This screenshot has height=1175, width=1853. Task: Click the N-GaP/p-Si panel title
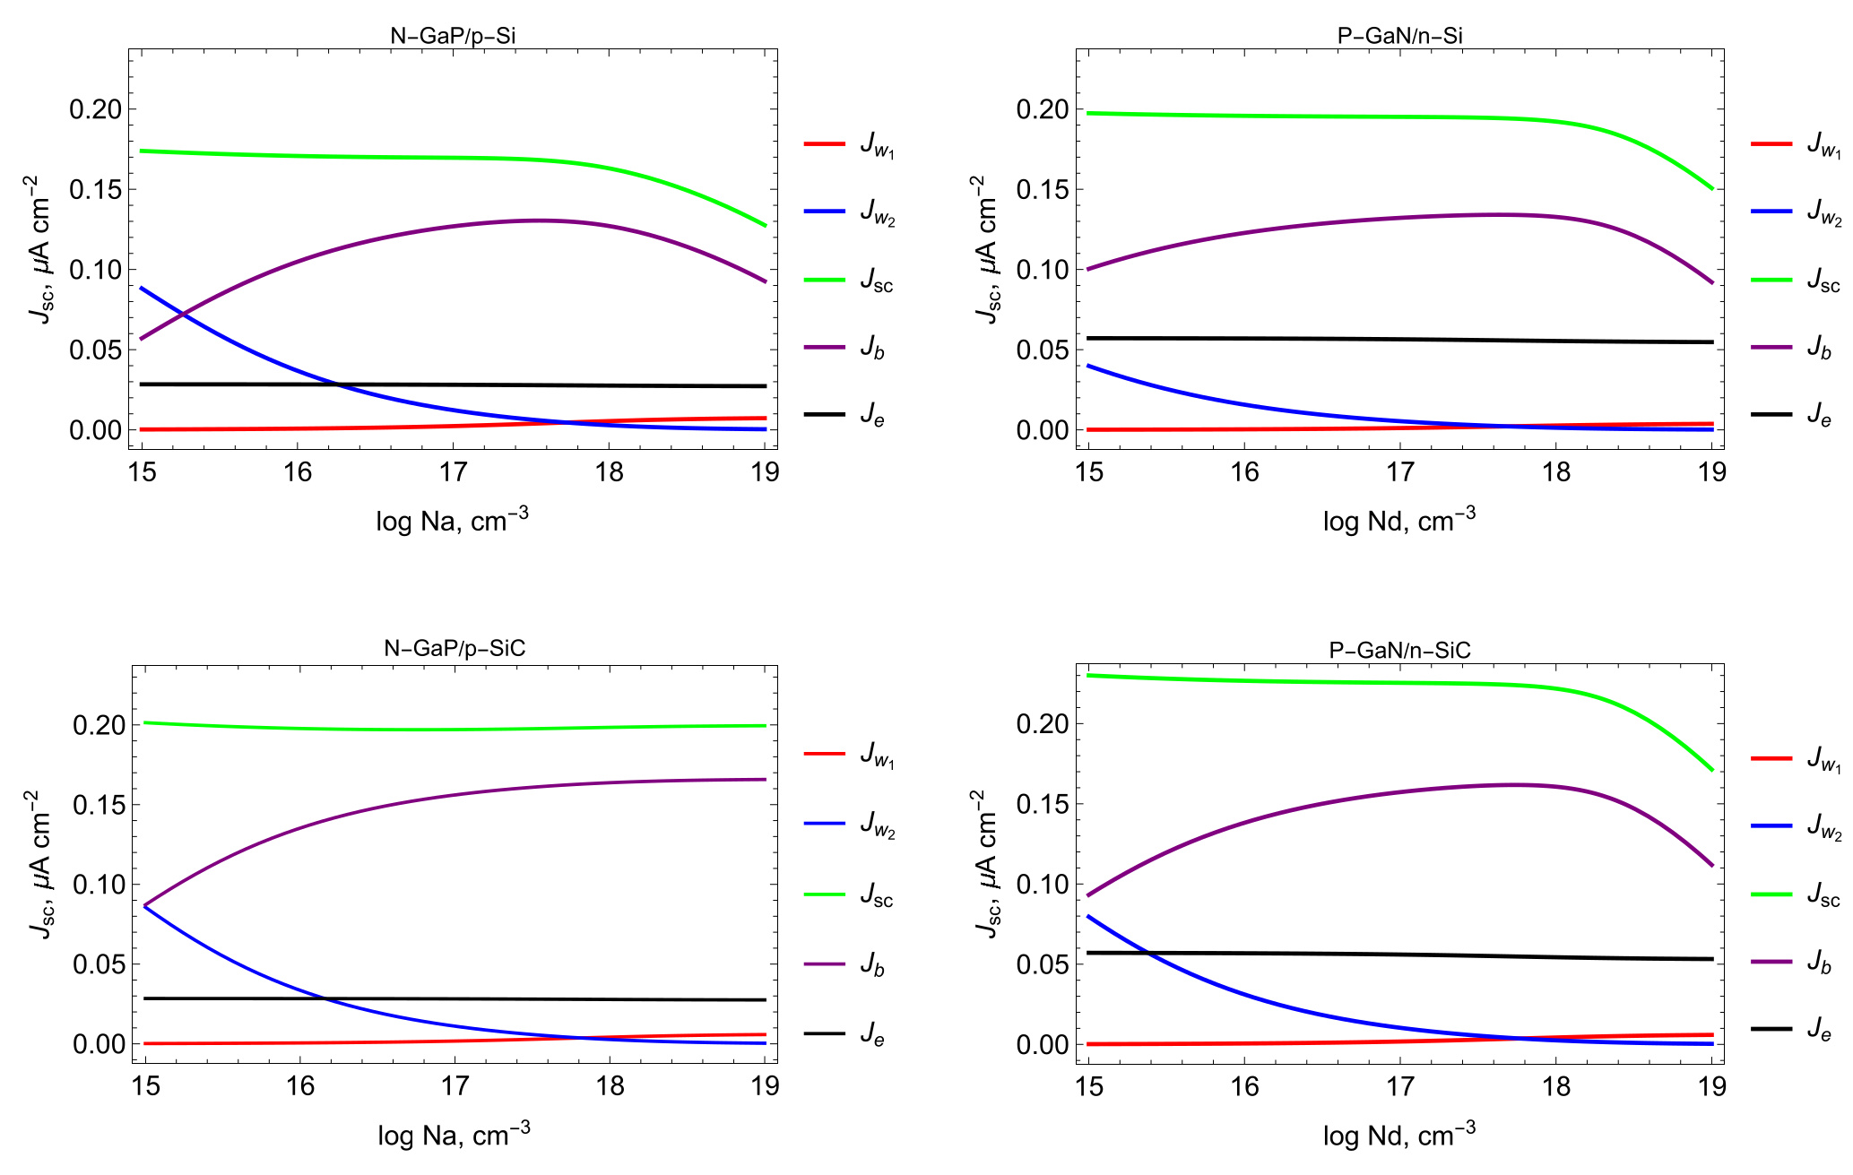point(453,36)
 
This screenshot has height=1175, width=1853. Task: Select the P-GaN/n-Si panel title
point(1399,36)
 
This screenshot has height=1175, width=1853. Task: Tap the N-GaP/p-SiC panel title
point(455,648)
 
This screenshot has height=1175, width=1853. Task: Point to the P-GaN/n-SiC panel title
point(1399,650)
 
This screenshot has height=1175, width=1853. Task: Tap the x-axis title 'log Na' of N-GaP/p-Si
point(452,520)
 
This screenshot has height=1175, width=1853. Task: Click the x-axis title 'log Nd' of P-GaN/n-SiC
point(1398,1135)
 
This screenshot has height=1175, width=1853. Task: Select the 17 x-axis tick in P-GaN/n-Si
point(1399,471)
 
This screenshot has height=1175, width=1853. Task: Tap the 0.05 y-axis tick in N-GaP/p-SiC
point(99,964)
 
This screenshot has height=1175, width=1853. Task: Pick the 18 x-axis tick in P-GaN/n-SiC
point(1555,1086)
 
